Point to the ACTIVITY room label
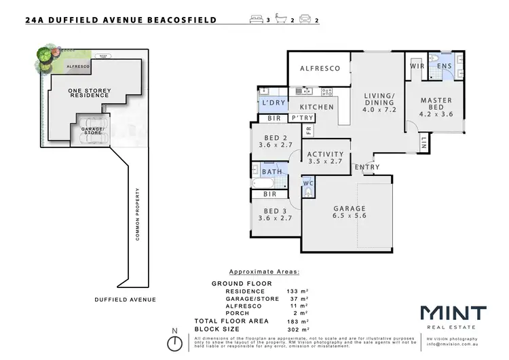tap(326, 158)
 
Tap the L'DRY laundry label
tap(274, 103)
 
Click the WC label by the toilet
tap(307, 183)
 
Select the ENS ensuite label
tap(445, 66)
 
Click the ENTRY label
tap(367, 167)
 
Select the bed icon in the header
tap(257, 20)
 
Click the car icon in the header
tap(306, 20)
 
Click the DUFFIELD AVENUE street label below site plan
tap(126, 300)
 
